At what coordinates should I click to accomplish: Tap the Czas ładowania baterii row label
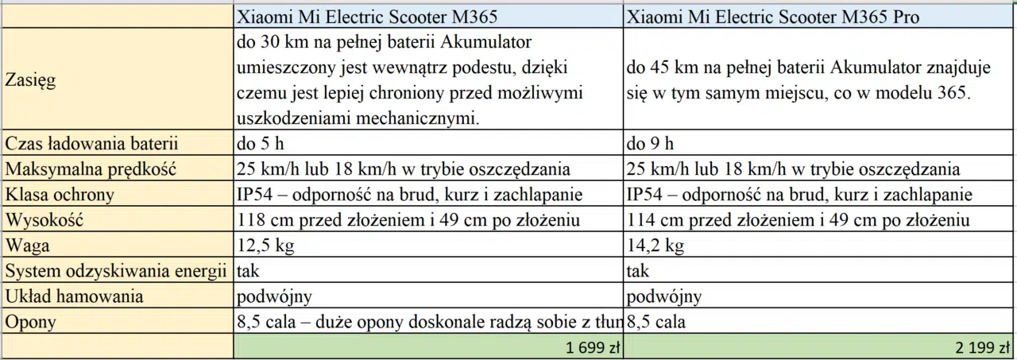click(x=91, y=145)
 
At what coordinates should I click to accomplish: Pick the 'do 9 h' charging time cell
click(x=650, y=145)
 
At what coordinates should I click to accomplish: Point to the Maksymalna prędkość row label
click(x=90, y=169)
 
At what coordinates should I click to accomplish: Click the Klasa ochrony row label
click(x=60, y=195)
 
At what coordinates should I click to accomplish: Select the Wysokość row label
click(x=44, y=220)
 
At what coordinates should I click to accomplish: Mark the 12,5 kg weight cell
click(x=265, y=246)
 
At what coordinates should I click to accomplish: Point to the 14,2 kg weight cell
click(x=655, y=246)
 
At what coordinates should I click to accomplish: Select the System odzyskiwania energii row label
click(x=116, y=271)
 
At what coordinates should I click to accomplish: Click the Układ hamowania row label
click(x=75, y=296)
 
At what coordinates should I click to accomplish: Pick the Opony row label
click(x=30, y=322)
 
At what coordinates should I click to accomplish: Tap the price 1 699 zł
click(x=591, y=347)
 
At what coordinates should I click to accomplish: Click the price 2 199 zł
click(x=982, y=347)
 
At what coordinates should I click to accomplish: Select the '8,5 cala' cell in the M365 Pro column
click(x=656, y=322)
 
